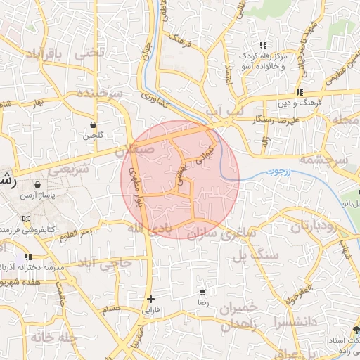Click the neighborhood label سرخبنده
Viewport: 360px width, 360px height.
[x=99, y=94]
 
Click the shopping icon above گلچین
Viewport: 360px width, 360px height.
[x=93, y=124]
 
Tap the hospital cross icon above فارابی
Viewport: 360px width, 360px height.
[x=150, y=299]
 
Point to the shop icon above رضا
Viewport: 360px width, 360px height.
[x=203, y=292]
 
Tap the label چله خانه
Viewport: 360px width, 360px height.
[x=47, y=337]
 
